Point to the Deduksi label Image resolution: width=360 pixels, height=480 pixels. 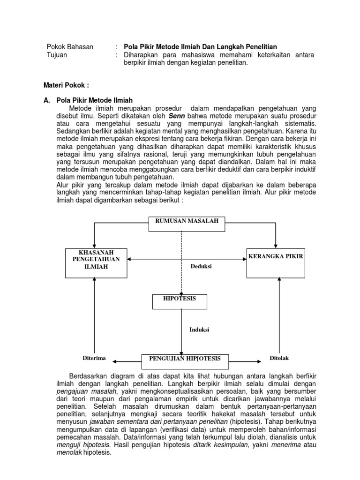[201, 267]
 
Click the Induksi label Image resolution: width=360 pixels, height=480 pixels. [199, 330]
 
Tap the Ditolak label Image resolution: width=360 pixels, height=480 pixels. [279, 358]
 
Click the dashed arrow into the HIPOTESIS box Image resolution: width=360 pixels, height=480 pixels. [181, 262]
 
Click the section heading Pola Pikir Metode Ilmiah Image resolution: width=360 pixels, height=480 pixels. [94, 100]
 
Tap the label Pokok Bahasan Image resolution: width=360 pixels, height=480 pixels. [70, 47]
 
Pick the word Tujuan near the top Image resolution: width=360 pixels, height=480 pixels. [57, 55]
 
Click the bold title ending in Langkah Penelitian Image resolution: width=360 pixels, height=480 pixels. [200, 47]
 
